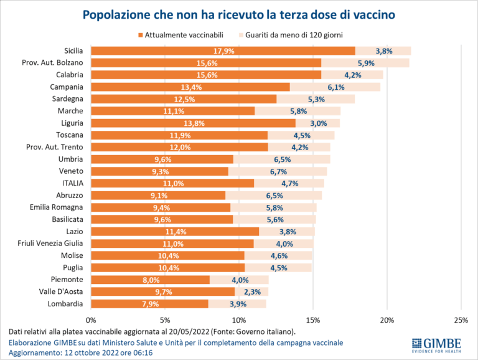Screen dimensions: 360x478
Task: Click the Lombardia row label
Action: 65,303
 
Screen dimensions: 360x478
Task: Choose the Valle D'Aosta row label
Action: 60,291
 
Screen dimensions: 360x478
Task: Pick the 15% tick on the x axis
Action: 313,320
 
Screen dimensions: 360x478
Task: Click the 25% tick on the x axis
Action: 461,320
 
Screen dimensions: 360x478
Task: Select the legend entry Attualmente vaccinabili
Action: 180,36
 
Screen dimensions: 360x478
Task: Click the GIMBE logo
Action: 436,344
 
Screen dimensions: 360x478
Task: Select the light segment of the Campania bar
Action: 335,87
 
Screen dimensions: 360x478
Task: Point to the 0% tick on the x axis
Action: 91,320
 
